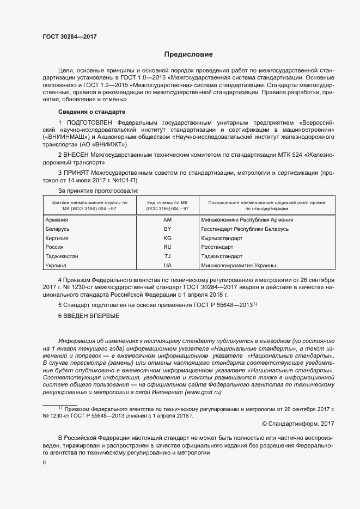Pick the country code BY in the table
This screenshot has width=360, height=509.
[x=167, y=229]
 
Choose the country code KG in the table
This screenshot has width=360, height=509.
[x=167, y=238]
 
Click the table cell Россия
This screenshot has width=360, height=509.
[x=54, y=247]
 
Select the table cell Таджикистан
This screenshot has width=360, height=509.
[x=62, y=256]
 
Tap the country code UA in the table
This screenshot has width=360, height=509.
[x=167, y=266]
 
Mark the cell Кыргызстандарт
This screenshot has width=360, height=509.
[x=222, y=238]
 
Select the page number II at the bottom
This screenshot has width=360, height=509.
[x=45, y=462]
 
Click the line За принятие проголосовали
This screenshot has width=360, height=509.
[x=98, y=191]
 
